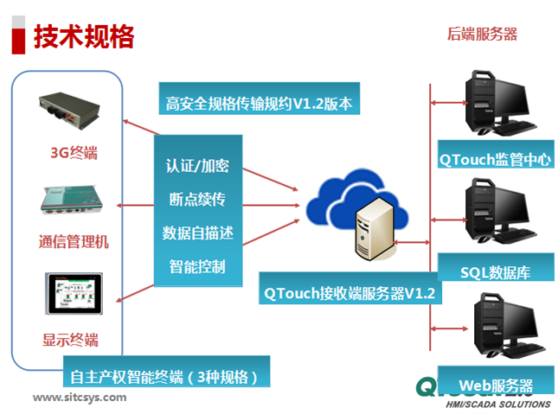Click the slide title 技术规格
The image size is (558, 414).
pos(84,36)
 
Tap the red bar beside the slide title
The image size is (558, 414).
pos(17,37)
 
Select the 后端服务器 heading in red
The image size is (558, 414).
pos(482,34)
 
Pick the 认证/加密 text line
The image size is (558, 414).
pos(196,164)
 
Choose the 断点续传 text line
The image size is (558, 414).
pos(196,199)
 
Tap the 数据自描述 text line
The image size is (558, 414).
pos(196,232)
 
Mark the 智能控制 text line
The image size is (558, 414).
pos(196,265)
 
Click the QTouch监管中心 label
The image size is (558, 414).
pos(495,159)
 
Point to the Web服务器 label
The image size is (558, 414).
pos(495,385)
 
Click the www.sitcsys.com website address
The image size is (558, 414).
pos(80,398)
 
